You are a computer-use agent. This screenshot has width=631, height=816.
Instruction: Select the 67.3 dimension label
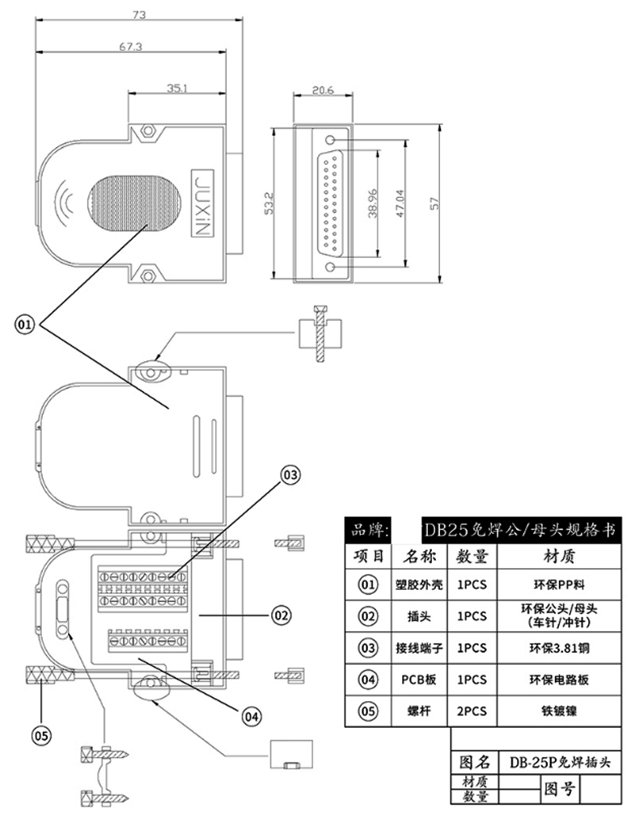pyautogui.click(x=130, y=47)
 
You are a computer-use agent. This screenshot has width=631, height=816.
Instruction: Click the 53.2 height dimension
pyautogui.click(x=267, y=204)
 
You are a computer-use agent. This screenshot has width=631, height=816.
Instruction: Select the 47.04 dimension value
pyautogui.click(x=399, y=204)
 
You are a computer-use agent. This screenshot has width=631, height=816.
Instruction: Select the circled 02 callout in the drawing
pyautogui.click(x=280, y=616)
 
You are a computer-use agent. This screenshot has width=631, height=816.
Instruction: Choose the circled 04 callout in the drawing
pyautogui.click(x=252, y=714)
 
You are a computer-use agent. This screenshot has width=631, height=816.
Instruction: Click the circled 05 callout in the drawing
pyautogui.click(x=40, y=734)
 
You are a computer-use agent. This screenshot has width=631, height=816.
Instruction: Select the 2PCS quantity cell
pyautogui.click(x=472, y=711)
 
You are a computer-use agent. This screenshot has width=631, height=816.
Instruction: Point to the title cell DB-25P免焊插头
pyautogui.click(x=558, y=762)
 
